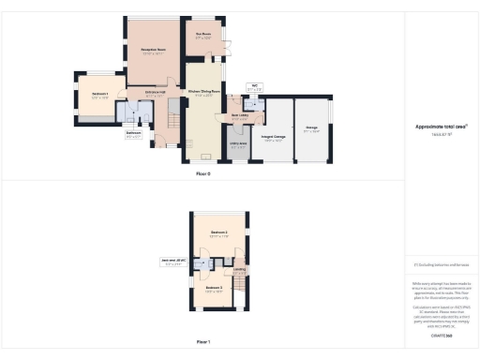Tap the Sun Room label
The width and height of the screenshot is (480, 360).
[204, 36]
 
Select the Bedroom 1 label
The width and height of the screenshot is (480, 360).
[100, 95]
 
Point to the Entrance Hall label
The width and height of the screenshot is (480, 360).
[154, 95]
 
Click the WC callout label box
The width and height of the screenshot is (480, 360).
[253, 88]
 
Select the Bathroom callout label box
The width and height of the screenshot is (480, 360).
[133, 136]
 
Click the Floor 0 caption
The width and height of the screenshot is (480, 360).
[202, 174]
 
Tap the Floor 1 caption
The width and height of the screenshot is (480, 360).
[202, 341]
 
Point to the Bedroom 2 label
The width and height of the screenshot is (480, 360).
[219, 232]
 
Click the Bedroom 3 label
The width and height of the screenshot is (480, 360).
[214, 288]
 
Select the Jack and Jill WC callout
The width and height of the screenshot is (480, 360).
[173, 263]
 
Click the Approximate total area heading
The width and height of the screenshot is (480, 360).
[440, 127]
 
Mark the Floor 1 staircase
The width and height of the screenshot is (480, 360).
[241, 287]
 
